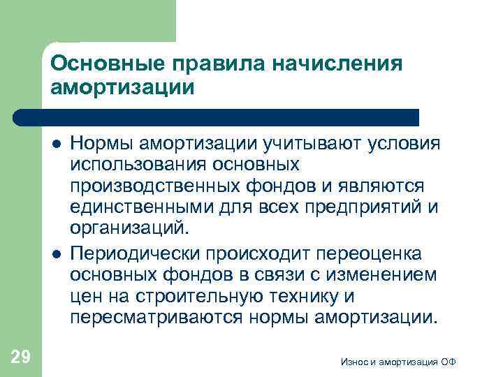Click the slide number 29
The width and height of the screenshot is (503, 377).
pyautogui.click(x=20, y=357)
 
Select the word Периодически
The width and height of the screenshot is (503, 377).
pyautogui.click(x=133, y=252)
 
